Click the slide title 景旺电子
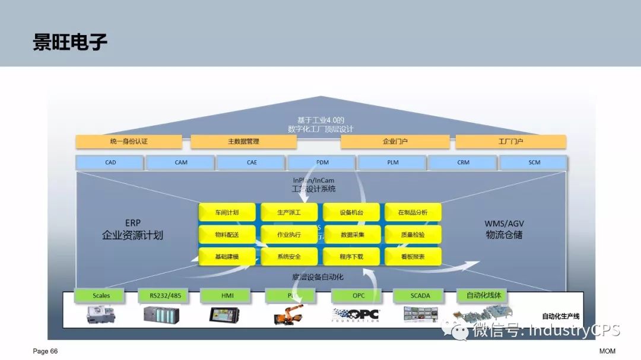pos(70,43)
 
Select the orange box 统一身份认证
pos(129,142)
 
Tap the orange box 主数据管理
pos(243,142)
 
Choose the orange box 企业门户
pos(395,142)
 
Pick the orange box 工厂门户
pos(510,142)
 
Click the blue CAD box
pos(110,163)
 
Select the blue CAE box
pos(252,163)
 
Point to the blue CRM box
pos(463,163)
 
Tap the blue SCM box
pos(534,163)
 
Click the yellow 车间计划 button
pos(227,212)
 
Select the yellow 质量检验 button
pos(413,234)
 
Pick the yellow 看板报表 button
pos(413,257)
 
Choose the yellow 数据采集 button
pos(351,234)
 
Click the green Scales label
pos(101,295)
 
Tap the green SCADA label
pos(420,295)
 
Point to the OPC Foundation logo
pos(356,315)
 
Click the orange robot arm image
pos(288,314)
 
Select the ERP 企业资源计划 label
pos(132,230)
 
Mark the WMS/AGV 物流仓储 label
pos(504,230)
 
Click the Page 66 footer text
pos(45,351)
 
